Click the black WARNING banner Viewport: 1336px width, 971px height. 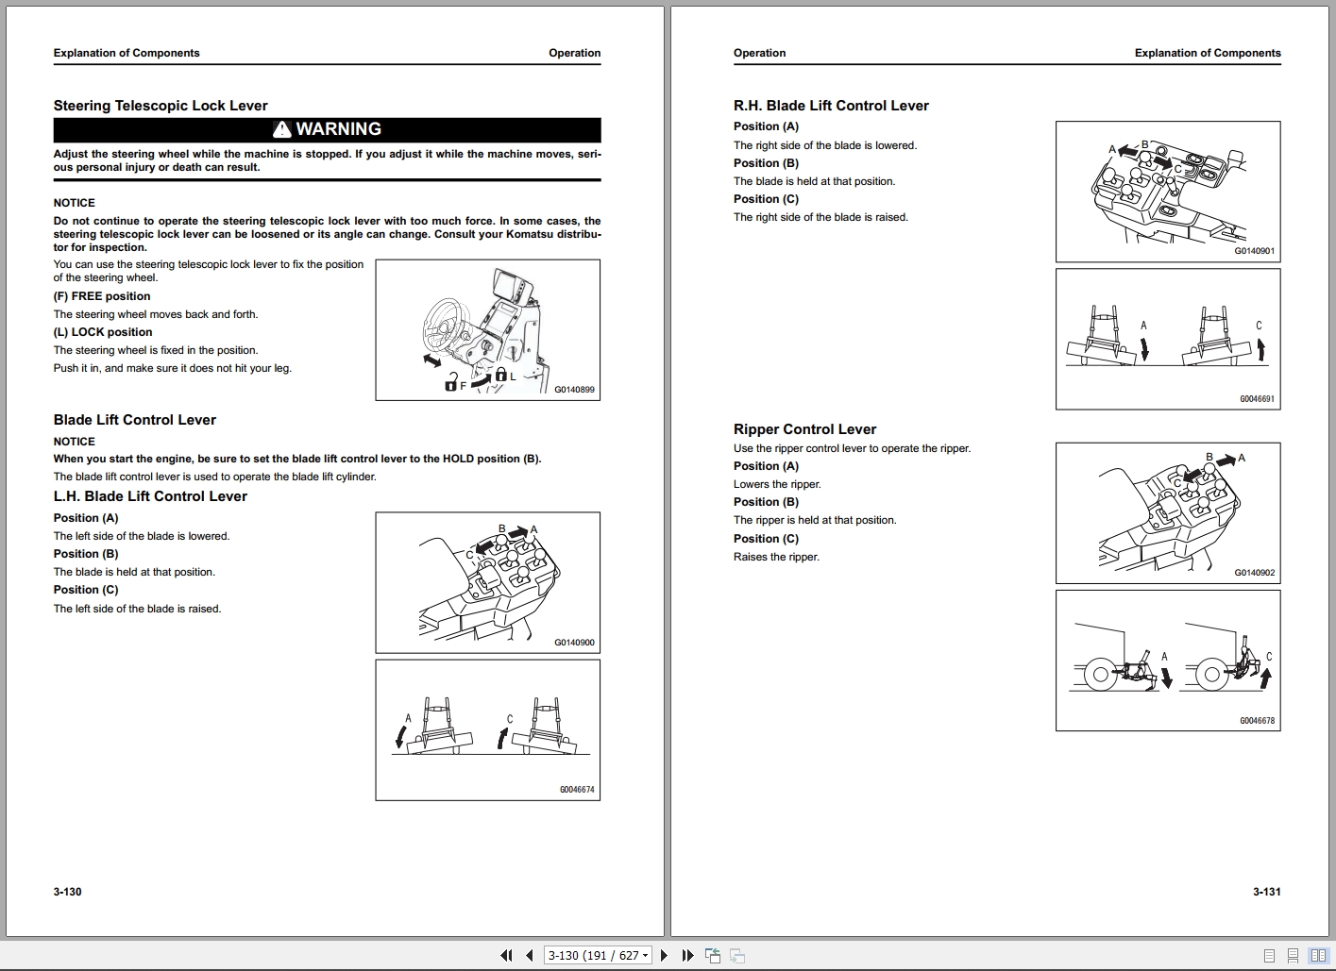[x=327, y=129]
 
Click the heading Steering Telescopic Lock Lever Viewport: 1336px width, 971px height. [x=161, y=106]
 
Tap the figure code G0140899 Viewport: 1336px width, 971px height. [x=574, y=390]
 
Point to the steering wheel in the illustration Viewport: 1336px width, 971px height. [x=444, y=326]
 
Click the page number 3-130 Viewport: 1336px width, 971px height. [x=68, y=892]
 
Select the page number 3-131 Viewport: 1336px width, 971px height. [x=1266, y=892]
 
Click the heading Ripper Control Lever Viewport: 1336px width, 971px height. [x=804, y=429]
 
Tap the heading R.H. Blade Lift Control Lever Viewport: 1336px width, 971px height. [x=831, y=106]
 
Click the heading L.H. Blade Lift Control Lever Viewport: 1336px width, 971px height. [x=150, y=496]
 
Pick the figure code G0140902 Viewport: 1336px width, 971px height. [x=1254, y=573]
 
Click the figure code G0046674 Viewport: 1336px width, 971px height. [x=577, y=790]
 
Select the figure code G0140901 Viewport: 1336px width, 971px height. [x=1254, y=252]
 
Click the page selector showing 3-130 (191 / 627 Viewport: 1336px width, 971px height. [x=599, y=956]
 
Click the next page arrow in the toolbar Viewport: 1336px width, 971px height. [x=664, y=956]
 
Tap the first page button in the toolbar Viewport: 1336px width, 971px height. [x=506, y=956]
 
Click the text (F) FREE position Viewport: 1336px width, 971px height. [x=102, y=296]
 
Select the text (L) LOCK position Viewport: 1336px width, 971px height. [x=103, y=332]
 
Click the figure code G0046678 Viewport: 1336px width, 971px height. [x=1257, y=721]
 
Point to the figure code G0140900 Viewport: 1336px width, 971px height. [x=574, y=643]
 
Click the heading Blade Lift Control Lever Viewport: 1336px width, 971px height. [x=135, y=420]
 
